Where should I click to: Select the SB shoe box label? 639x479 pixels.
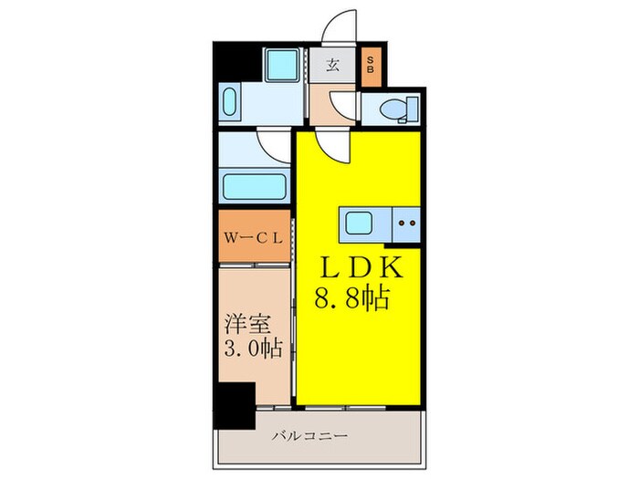coord(371,66)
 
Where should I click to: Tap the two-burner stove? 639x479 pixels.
coord(405,222)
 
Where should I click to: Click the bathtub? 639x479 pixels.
coord(253,187)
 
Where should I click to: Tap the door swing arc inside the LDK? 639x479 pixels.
coord(332,146)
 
